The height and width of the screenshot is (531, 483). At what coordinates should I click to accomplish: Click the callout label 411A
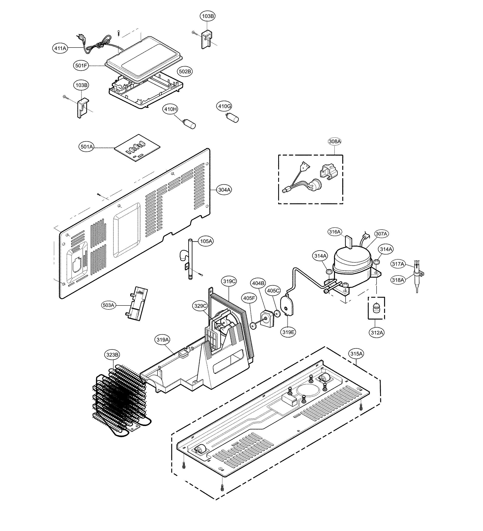(x=60, y=48)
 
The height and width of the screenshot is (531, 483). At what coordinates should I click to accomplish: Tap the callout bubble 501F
(x=81, y=66)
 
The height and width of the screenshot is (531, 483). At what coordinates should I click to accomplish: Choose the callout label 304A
(x=224, y=190)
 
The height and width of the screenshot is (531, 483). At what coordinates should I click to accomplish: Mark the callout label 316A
(x=335, y=232)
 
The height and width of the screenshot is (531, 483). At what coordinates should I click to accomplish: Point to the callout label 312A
(x=377, y=333)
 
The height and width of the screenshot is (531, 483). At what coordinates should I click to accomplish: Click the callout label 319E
(x=288, y=332)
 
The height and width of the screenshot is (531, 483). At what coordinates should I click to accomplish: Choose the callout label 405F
(x=249, y=298)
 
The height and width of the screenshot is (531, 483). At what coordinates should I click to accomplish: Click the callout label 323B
(x=112, y=355)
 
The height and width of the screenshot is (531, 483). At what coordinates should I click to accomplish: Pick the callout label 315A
(x=356, y=354)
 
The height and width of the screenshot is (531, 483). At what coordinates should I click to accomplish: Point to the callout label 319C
(x=229, y=281)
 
